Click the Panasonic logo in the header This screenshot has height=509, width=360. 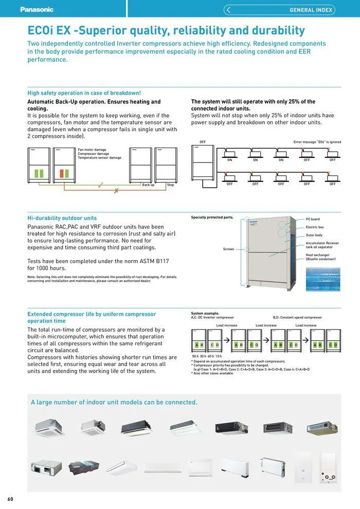pos(37,9)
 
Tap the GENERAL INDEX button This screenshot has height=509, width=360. pos(279,10)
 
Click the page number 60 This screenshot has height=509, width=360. pos(10,499)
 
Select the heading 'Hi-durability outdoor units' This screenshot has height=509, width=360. pos(62,218)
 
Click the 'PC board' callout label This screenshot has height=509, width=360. pos(313,219)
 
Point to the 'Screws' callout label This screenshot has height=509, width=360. pos(228,249)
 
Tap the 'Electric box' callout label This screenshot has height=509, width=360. pos(315,227)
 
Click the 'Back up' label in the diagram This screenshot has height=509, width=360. pos(148,185)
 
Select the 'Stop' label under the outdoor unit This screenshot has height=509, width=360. pos(170,185)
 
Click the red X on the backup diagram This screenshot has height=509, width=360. pos(117,191)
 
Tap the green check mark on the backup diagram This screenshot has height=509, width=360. pos(100,184)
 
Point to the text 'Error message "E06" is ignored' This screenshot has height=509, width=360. pos(317,142)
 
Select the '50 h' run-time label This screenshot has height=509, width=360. pos(195,356)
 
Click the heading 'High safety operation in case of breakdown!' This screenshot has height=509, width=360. pos(84,93)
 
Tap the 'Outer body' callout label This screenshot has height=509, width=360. pos(314,235)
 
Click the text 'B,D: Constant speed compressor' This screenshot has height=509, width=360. pos(297,317)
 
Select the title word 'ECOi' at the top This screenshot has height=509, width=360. pos(41,31)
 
